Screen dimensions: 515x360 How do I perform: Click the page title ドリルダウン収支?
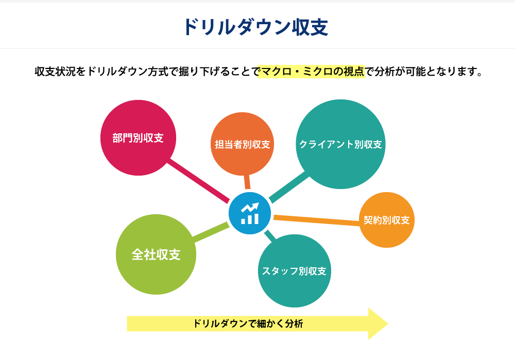click(256, 27)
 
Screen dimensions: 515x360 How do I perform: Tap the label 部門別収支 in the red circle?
click(138, 138)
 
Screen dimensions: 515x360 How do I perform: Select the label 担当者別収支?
click(243, 144)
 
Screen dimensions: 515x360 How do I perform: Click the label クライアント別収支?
click(340, 144)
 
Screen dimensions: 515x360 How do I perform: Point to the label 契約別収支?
click(387, 220)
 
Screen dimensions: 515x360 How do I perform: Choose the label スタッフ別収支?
click(294, 271)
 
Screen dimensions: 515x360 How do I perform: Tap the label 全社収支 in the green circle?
click(156, 254)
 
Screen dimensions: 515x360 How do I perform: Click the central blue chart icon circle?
click(250, 213)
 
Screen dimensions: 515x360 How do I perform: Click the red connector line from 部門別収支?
click(198, 180)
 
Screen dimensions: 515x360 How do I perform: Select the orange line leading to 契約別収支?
click(317, 220)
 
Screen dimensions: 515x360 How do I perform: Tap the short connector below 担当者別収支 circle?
click(247, 182)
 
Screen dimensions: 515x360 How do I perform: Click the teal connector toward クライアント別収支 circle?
click(289, 187)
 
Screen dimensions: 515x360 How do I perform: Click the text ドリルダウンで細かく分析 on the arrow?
click(248, 324)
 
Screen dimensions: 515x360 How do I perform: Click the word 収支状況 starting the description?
click(55, 71)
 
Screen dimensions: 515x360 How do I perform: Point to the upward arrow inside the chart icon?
click(250, 208)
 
